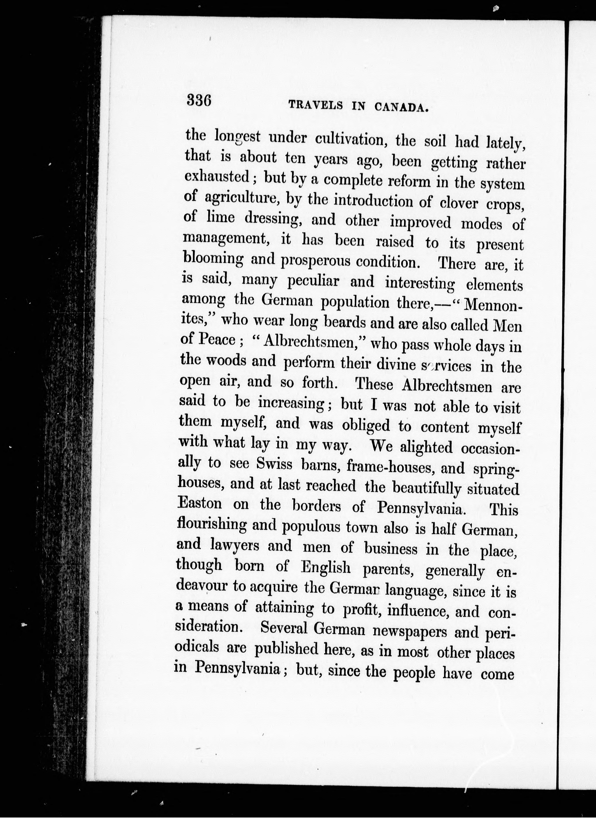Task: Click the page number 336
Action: pos(198,100)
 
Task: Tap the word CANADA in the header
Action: pos(401,107)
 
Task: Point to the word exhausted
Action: pos(217,177)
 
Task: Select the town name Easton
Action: pos(200,503)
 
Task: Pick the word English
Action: pos(326,568)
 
